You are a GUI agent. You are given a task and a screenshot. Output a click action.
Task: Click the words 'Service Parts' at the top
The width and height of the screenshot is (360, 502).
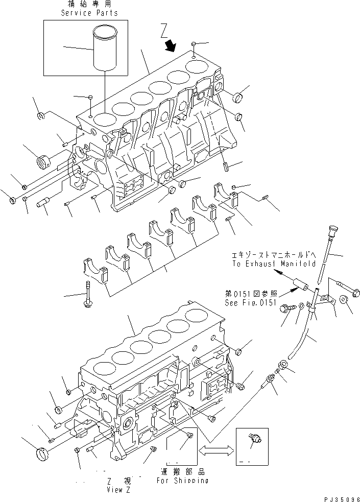tap(89, 13)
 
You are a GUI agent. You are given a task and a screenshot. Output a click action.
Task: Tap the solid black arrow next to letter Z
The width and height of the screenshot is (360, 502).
tap(170, 46)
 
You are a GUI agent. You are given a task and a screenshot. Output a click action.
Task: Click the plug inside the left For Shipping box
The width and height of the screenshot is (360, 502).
tap(190, 435)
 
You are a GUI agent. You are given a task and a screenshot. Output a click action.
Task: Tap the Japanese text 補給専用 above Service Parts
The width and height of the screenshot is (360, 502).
tap(89, 5)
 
